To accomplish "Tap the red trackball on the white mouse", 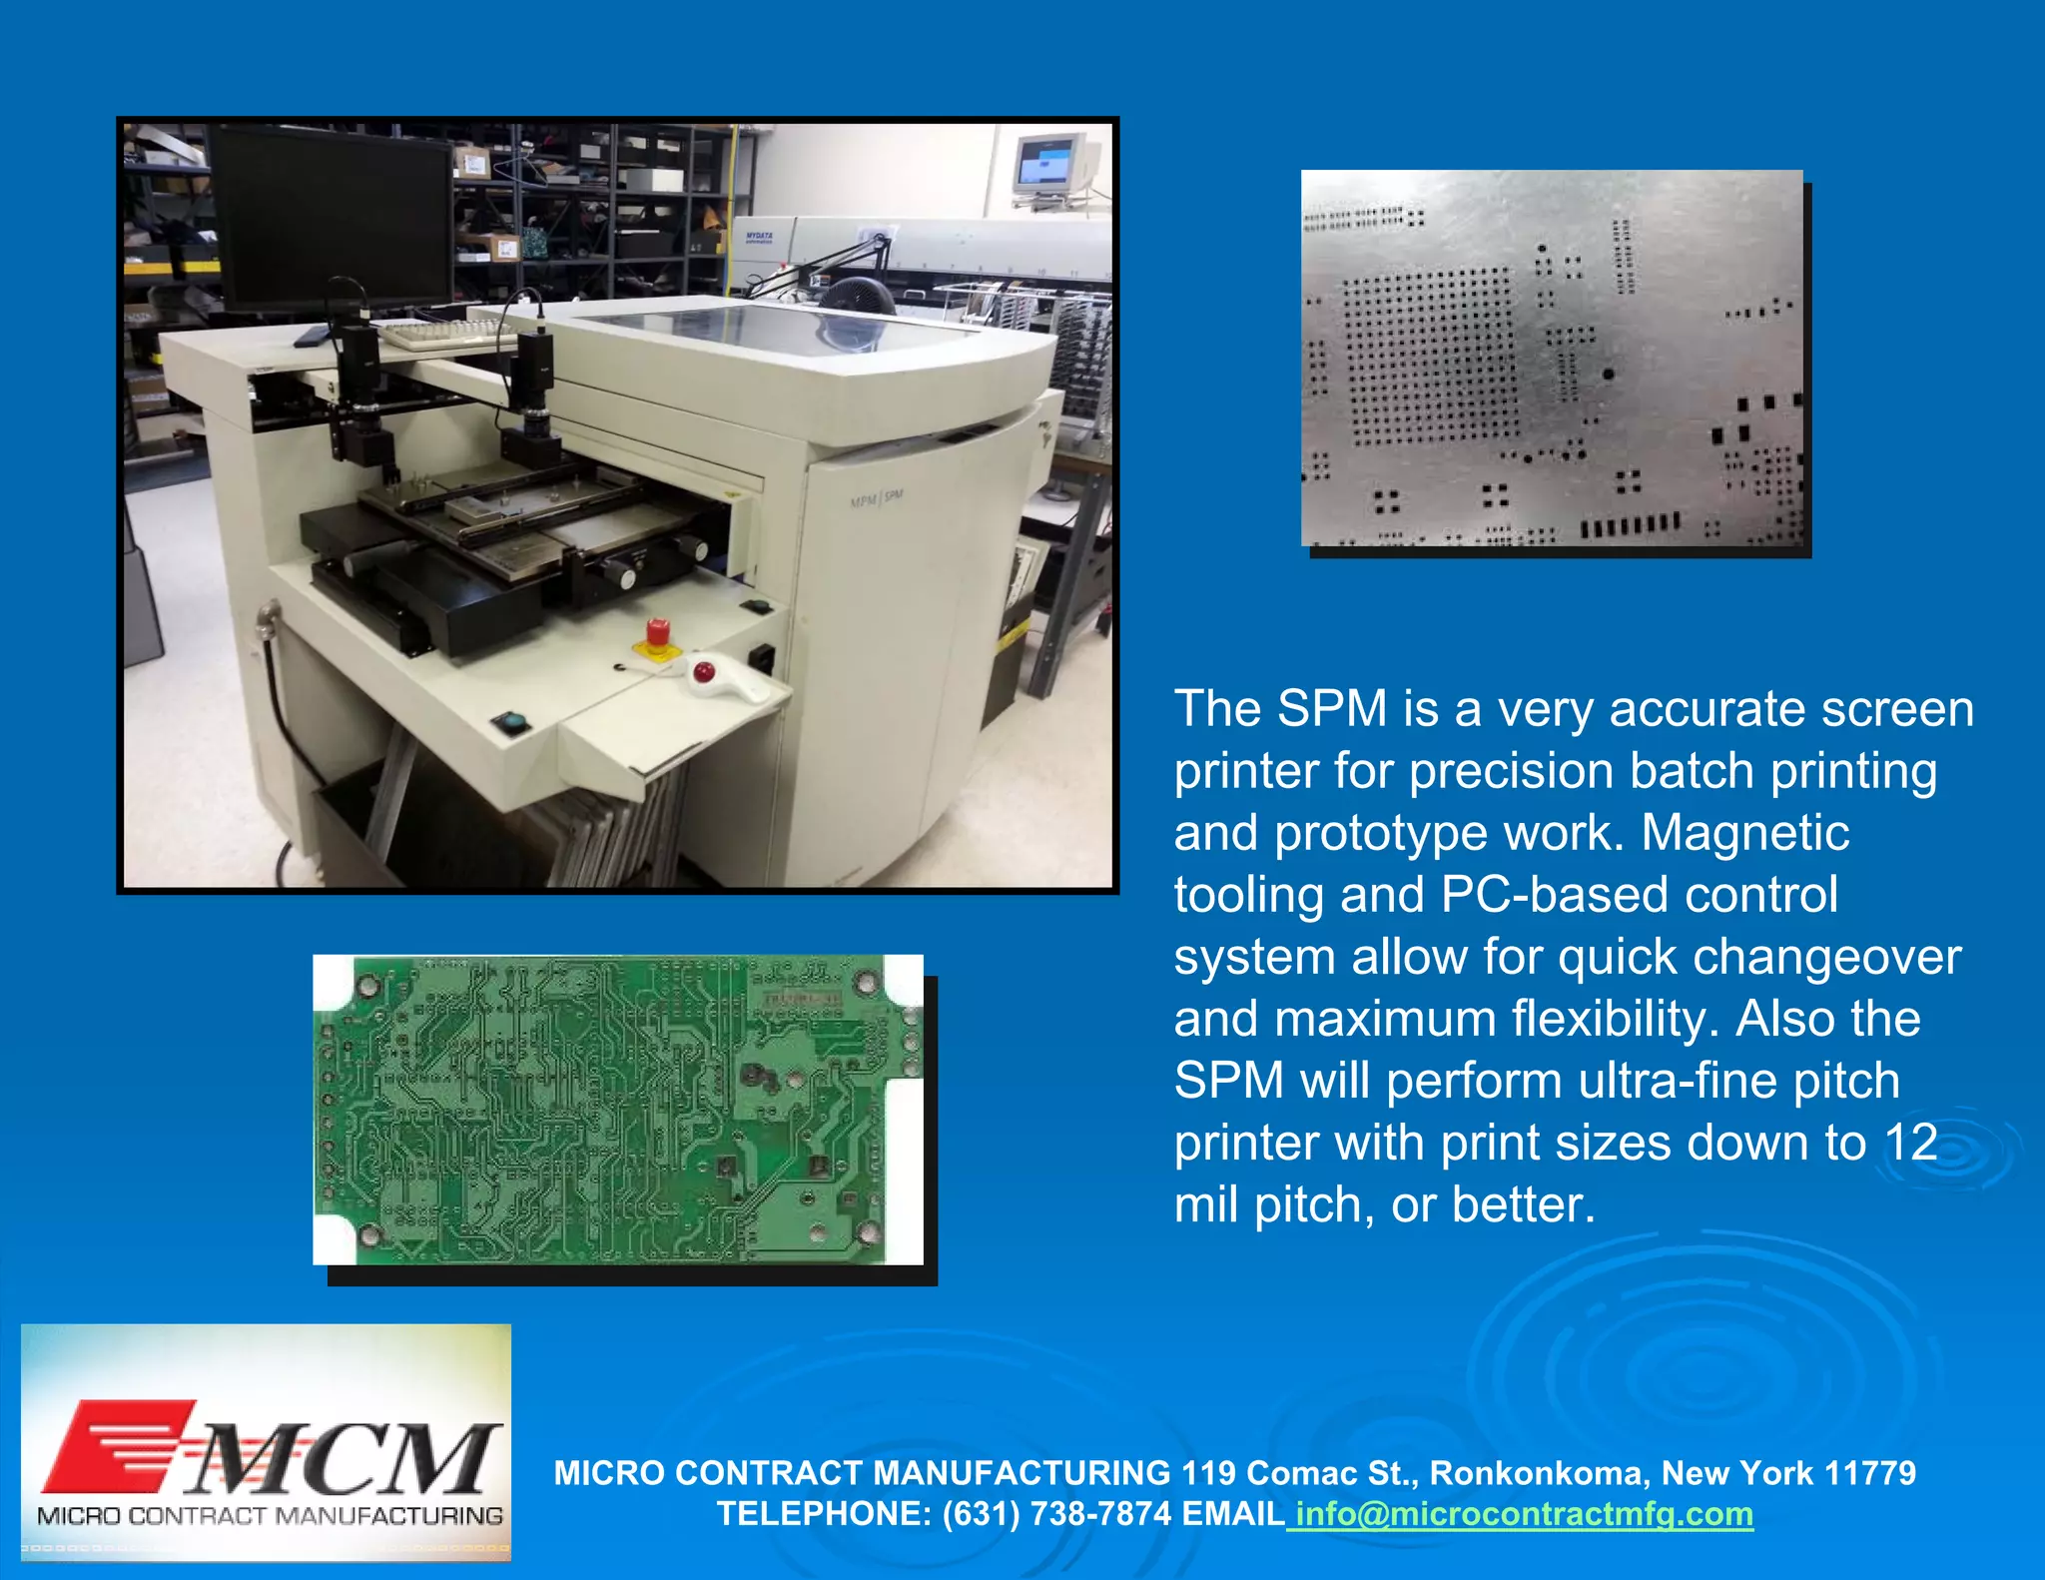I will click(x=705, y=670).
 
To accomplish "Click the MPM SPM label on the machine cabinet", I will click(x=877, y=498).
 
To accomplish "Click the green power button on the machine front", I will click(x=511, y=720).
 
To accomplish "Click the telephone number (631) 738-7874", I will click(x=1056, y=1514).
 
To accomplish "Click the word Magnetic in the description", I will click(x=1744, y=833).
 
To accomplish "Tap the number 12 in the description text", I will click(x=1910, y=1143).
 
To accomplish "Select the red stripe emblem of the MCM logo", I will click(x=120, y=1445).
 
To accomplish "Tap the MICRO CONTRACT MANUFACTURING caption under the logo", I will click(x=270, y=1516).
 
